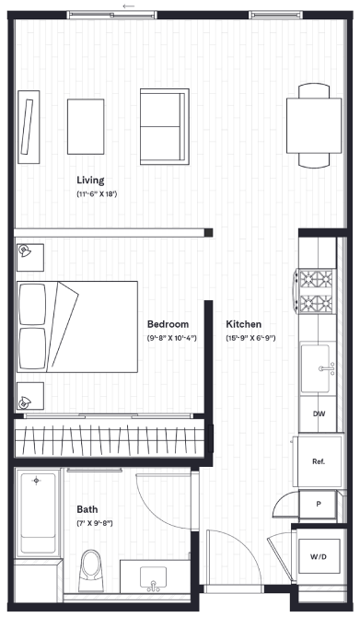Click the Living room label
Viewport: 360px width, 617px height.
click(x=90, y=180)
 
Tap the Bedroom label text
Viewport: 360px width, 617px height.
click(x=168, y=324)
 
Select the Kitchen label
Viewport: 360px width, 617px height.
click(x=244, y=324)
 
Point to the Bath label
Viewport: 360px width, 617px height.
click(x=87, y=508)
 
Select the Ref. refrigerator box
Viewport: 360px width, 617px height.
click(x=319, y=461)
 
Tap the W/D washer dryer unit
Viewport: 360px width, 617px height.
click(x=319, y=556)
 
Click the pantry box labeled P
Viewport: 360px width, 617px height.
click(x=319, y=506)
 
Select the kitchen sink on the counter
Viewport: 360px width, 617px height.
click(x=323, y=369)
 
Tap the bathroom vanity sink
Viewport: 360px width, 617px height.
click(x=152, y=579)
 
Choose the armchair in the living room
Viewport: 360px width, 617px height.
click(x=164, y=124)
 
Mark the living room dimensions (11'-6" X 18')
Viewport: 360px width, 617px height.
click(x=96, y=195)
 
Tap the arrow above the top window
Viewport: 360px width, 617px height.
click(x=127, y=6)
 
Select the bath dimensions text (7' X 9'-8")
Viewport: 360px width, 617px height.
click(x=94, y=523)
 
